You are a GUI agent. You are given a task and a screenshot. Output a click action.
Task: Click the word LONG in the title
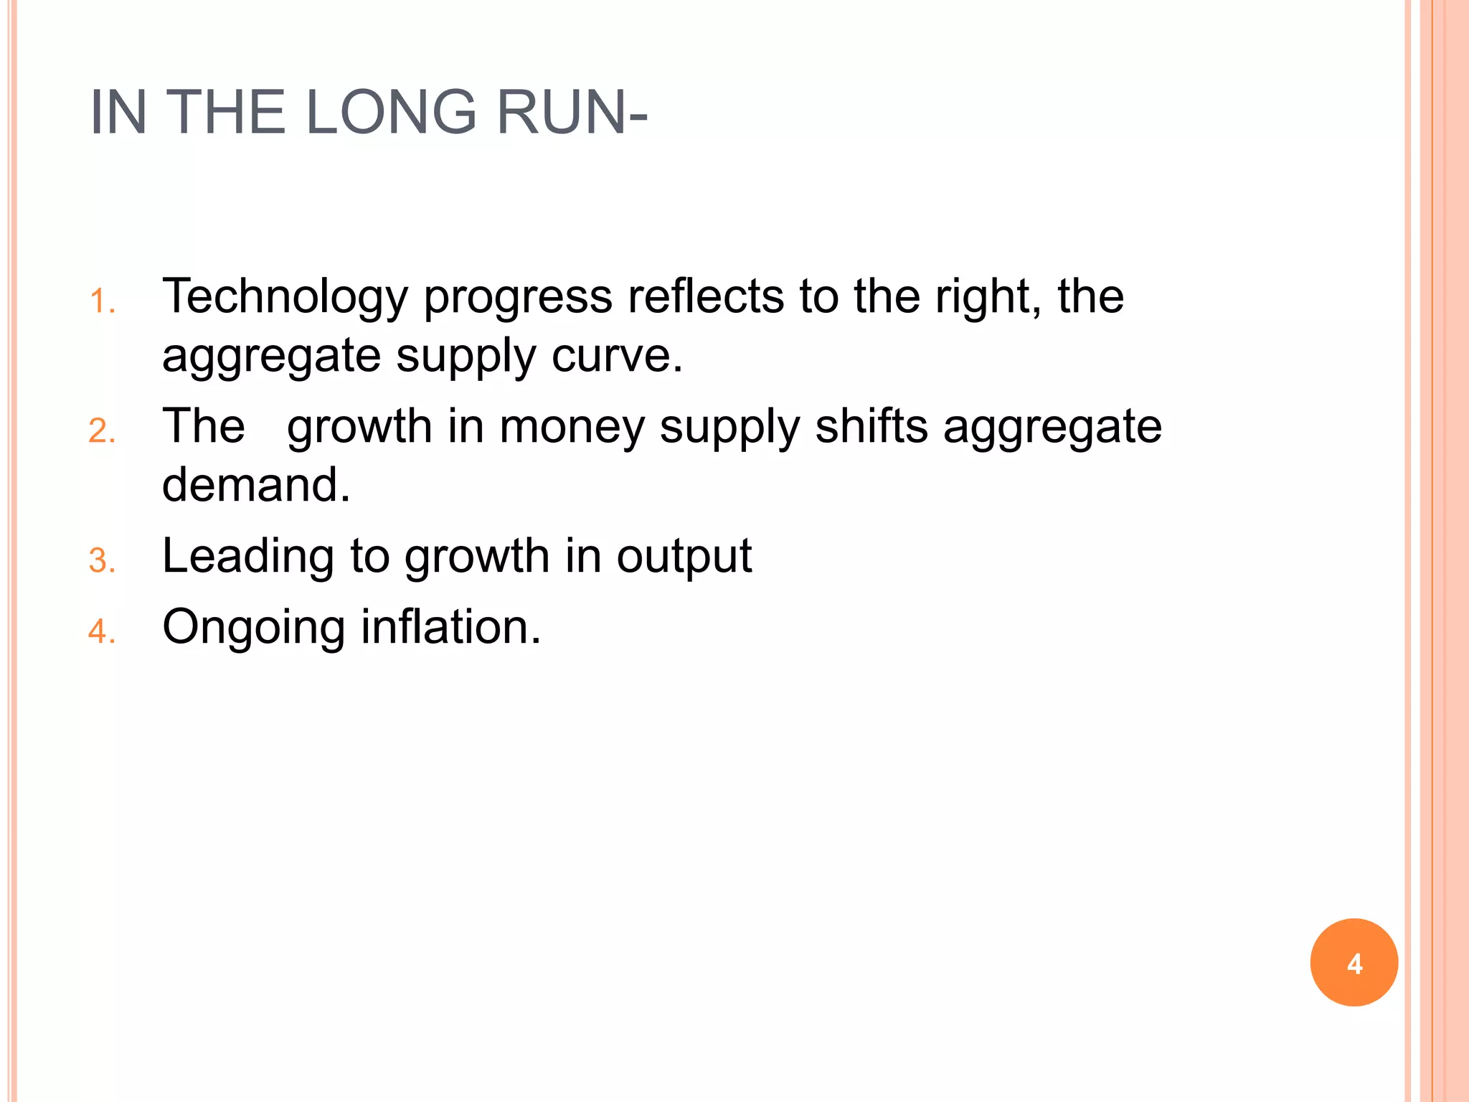(392, 113)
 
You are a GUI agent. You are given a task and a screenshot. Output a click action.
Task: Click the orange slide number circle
(1354, 962)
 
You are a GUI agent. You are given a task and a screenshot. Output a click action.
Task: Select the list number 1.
(102, 301)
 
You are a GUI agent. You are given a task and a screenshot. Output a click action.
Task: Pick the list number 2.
(102, 431)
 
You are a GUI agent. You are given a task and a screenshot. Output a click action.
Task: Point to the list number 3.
(102, 560)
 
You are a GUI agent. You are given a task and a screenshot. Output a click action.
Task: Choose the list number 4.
(102, 631)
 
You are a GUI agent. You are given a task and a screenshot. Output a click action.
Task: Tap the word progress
(518, 297)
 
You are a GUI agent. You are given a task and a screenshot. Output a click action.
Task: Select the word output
(684, 557)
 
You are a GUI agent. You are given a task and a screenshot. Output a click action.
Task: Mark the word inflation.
(450, 626)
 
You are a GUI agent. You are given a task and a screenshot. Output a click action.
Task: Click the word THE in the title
(225, 113)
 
